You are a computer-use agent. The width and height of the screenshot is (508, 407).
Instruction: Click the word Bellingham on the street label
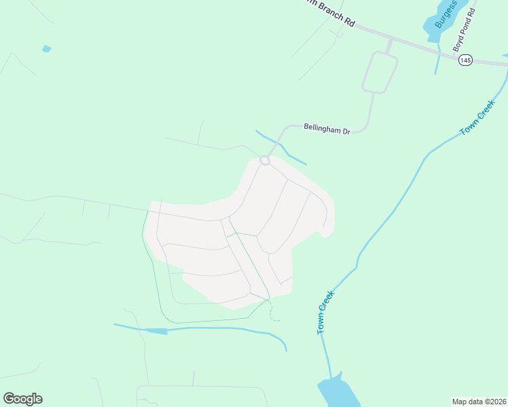click(321, 128)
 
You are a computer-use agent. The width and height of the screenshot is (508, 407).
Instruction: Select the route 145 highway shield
click(465, 60)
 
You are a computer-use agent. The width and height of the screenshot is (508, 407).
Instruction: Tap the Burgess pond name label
click(446, 14)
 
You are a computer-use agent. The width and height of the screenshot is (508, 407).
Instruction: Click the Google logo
click(22, 399)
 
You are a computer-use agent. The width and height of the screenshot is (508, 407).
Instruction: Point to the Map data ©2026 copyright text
click(479, 402)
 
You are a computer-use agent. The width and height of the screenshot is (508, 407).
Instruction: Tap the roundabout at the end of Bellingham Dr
click(266, 160)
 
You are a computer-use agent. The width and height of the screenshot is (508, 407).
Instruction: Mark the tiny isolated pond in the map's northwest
click(46, 49)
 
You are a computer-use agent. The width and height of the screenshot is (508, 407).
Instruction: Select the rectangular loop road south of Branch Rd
click(380, 72)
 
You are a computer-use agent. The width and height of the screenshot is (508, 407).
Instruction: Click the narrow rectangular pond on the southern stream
click(156, 331)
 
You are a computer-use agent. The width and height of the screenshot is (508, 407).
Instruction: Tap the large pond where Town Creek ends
click(338, 394)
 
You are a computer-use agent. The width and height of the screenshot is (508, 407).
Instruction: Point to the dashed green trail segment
click(273, 313)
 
